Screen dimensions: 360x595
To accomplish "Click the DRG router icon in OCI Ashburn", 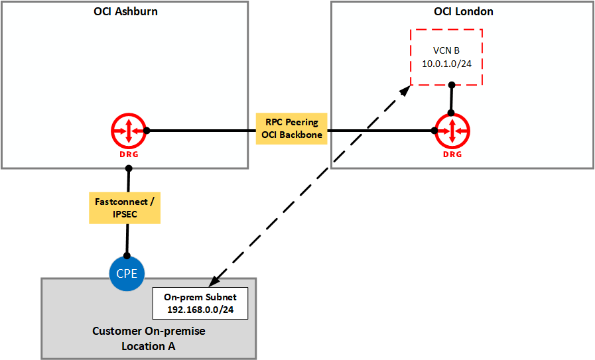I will coord(127,131).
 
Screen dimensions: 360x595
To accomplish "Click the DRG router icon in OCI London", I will coord(452,131).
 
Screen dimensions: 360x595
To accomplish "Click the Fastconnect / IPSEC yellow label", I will coord(126,208).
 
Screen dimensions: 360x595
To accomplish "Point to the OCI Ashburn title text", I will coord(125,11).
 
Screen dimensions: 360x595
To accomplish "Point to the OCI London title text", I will coord(463,11).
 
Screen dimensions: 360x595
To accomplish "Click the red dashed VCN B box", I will coord(446,57).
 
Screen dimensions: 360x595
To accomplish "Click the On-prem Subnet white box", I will coord(200,304).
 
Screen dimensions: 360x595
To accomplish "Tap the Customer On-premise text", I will coord(148,331).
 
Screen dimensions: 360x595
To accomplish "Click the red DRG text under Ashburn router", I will coord(127,154).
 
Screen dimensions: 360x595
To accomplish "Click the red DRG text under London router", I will coord(452,154).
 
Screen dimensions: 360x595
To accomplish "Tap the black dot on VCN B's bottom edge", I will coord(451,85).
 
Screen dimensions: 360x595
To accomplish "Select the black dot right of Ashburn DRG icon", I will coord(147,131).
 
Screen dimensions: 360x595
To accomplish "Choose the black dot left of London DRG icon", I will coord(434,131).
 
